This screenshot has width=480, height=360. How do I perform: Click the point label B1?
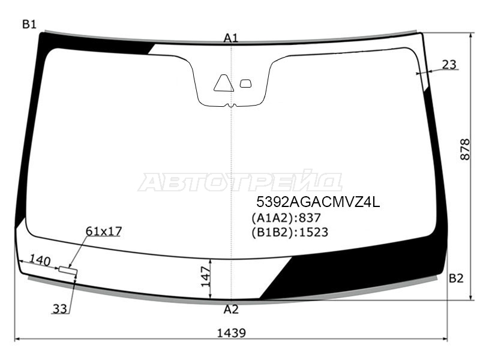pyautogui.click(x=29, y=24)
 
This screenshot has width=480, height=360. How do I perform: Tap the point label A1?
pyautogui.click(x=231, y=38)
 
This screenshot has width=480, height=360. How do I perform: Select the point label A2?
pyautogui.click(x=231, y=310)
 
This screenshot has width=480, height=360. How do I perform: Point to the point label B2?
pyautogui.click(x=456, y=278)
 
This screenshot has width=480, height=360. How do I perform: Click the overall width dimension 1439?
pyautogui.click(x=232, y=333)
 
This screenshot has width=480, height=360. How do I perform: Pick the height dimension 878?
pyautogui.click(x=465, y=149)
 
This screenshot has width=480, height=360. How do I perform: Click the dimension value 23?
pyautogui.click(x=449, y=65)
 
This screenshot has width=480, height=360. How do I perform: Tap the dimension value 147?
pyautogui.click(x=206, y=277)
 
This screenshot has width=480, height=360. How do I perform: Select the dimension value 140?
pyautogui.click(x=40, y=260)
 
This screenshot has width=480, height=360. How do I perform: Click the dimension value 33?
pyautogui.click(x=59, y=309)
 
